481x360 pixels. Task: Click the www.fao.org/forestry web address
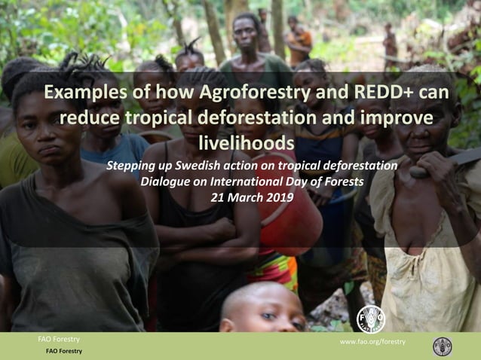pos(372,341)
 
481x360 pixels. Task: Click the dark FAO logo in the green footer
pos(443,346)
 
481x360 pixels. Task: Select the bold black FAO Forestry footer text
pos(64,351)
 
